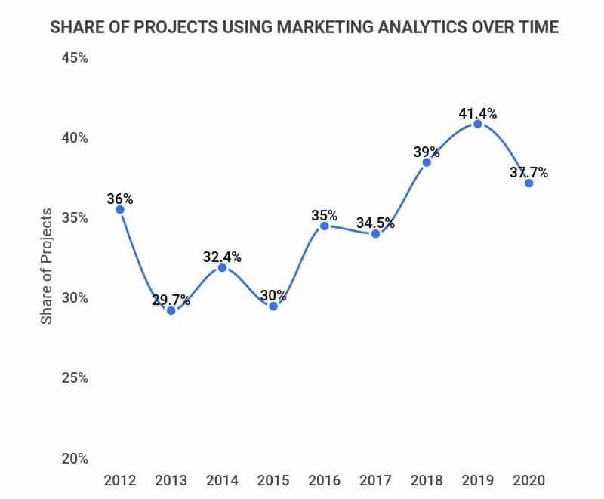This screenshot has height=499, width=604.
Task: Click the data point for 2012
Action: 119,209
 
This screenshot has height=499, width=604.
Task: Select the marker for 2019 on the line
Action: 477,124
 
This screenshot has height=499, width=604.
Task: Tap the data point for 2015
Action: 273,306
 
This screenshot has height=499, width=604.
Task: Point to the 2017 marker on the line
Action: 375,233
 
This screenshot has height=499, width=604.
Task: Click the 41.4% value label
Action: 477,114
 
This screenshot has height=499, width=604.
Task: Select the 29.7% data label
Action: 171,301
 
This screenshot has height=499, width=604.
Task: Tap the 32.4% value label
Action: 222,257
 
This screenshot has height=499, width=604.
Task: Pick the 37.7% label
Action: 528,173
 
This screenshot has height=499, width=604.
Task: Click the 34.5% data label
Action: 375,223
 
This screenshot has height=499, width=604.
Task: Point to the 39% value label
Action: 427,152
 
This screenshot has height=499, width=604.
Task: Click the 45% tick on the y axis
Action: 74,58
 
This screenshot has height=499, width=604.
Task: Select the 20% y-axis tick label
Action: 74,458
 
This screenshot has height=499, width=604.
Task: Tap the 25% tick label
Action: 74,377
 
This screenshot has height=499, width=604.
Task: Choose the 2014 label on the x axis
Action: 222,480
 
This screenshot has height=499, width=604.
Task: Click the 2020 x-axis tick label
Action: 528,480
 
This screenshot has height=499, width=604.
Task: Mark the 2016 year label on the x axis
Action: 324,480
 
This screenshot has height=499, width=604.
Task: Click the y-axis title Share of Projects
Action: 47,266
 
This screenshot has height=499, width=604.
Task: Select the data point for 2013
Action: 171,310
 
